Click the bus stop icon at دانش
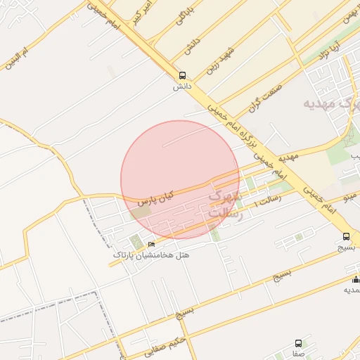pyautogui.click(x=182, y=76)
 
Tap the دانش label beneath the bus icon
pyautogui.click(x=182, y=86)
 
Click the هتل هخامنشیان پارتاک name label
pyautogui.click(x=150, y=255)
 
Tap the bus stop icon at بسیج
pyautogui.click(x=347, y=237)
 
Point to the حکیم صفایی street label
pyautogui.click(x=167, y=345)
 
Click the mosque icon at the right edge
pyautogui.click(x=355, y=280)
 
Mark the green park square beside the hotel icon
pyautogui.click(x=135, y=243)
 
